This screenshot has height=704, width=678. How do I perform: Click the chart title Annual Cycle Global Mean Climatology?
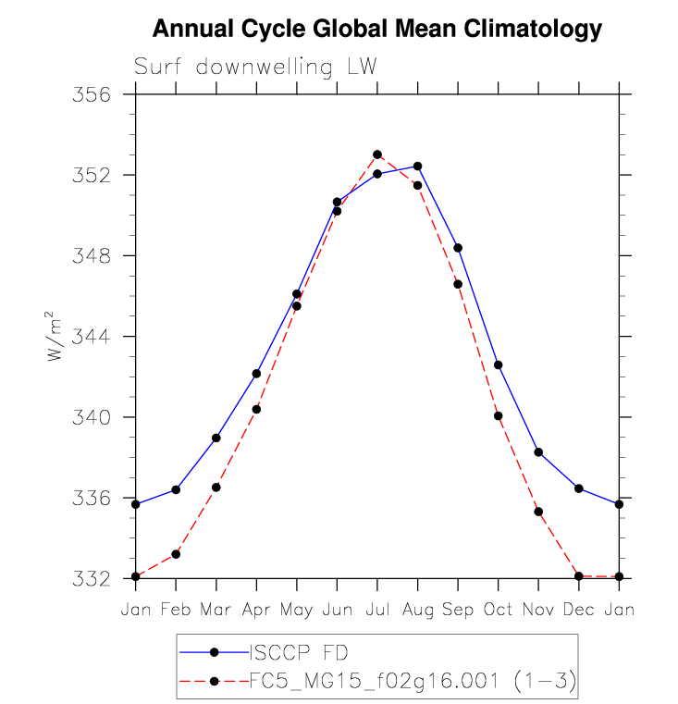(376, 30)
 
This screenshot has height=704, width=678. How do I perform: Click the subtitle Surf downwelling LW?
(256, 68)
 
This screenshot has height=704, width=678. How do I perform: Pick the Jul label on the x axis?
(376, 611)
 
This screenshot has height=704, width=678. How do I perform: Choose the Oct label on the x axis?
(498, 611)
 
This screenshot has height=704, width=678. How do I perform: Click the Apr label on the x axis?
(256, 611)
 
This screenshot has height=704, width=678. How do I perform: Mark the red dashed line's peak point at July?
(377, 154)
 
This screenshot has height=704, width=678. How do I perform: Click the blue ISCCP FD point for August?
(418, 167)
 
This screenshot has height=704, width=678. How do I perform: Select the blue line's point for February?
(176, 489)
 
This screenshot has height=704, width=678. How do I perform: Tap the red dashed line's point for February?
(176, 554)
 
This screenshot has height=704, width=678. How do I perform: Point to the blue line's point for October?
(499, 365)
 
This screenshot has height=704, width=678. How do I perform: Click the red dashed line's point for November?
(538, 512)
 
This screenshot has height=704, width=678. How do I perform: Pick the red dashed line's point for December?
(579, 576)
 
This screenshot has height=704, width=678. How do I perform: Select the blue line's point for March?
(216, 438)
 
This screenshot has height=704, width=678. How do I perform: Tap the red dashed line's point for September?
(458, 284)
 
